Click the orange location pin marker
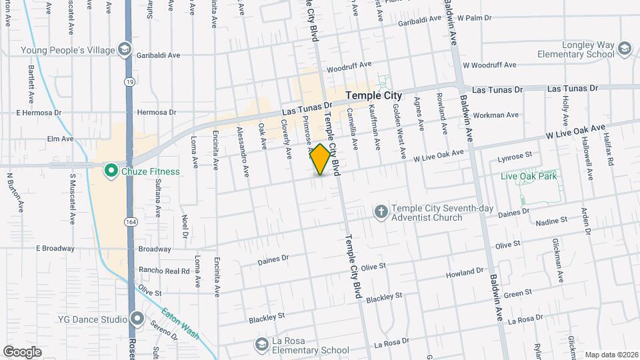tap(321, 159)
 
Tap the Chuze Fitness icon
tap(111, 171)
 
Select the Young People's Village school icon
tap(124, 49)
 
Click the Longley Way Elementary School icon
tap(624, 49)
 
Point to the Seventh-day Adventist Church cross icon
tap(381, 212)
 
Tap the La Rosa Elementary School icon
tap(261, 344)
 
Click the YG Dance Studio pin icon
tap(137, 319)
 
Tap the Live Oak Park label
tap(529, 176)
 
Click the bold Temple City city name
tap(373, 96)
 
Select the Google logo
tap(22, 351)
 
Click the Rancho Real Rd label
tap(164, 271)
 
